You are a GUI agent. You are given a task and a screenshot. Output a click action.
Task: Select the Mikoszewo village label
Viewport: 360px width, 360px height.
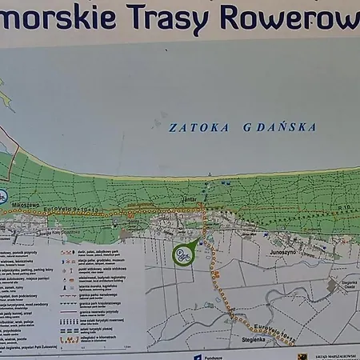(x=24, y=205)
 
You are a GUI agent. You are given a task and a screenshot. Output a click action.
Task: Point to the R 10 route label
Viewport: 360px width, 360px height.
(x=344, y=206)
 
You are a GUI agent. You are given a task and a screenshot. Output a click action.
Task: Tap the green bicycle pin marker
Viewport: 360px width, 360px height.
(x=183, y=256)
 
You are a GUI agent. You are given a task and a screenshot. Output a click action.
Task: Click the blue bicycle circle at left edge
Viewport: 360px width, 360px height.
(x=2, y=194)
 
